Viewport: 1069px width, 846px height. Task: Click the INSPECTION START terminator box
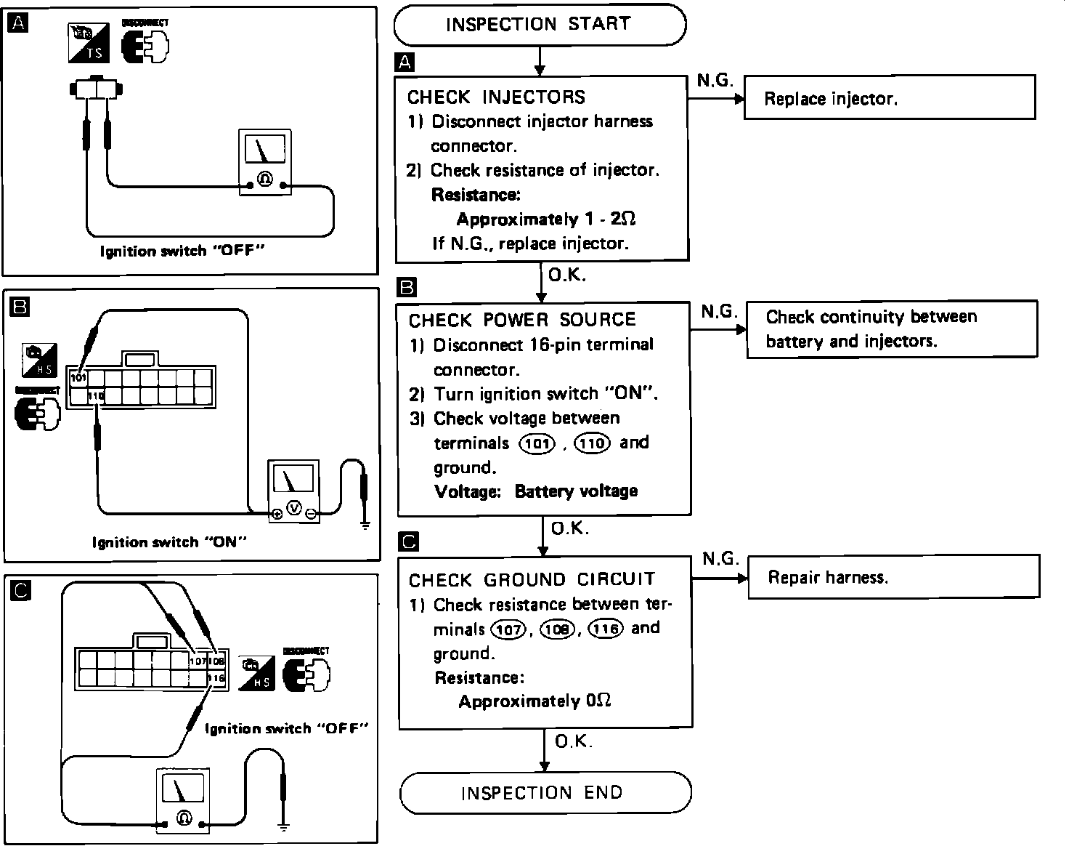pyautogui.click(x=539, y=24)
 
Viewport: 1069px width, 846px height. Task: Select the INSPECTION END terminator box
pyautogui.click(x=545, y=792)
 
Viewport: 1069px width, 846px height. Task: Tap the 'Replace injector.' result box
pyautogui.click(x=889, y=98)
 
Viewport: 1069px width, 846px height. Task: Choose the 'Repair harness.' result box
pyautogui.click(x=893, y=577)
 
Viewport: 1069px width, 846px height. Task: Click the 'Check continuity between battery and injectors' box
pyautogui.click(x=891, y=329)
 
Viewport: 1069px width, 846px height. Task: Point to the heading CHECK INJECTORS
pyautogui.click(x=496, y=97)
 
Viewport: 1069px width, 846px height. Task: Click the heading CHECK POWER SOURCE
pyautogui.click(x=522, y=320)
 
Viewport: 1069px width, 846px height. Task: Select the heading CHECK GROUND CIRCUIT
pyautogui.click(x=532, y=579)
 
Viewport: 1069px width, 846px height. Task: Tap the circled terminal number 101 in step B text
pyautogui.click(x=537, y=443)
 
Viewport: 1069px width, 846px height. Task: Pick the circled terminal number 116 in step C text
pyautogui.click(x=606, y=629)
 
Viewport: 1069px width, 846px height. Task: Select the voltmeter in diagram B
pyautogui.click(x=293, y=491)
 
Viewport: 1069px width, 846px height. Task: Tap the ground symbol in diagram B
pyautogui.click(x=365, y=523)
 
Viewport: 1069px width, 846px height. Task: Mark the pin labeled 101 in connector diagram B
pyautogui.click(x=78, y=378)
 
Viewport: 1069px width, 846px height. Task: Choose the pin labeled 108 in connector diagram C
pyautogui.click(x=217, y=661)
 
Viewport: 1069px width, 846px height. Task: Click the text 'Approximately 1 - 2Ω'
pyautogui.click(x=546, y=219)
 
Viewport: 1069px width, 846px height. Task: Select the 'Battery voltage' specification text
pyautogui.click(x=576, y=491)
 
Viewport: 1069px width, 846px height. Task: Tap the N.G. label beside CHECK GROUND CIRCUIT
pyautogui.click(x=720, y=558)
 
